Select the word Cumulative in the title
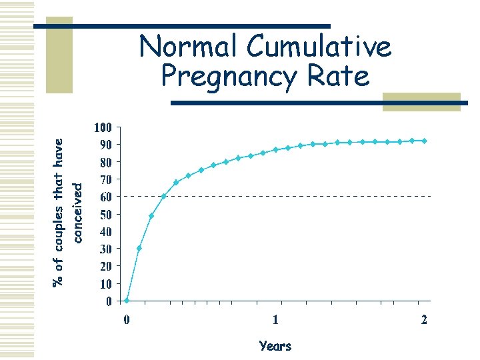[x=319, y=47]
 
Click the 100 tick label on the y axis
[x=103, y=127]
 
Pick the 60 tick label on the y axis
[x=105, y=197]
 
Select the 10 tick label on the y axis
[x=105, y=283]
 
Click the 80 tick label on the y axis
[x=105, y=162]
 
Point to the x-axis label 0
[x=127, y=319]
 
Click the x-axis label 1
[x=275, y=319]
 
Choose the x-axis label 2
[x=424, y=319]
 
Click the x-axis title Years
[x=275, y=346]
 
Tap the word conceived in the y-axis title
[x=77, y=213]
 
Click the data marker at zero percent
[x=127, y=301]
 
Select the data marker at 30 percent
[x=139, y=248]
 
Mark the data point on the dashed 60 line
[x=164, y=196]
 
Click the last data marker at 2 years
[x=424, y=141]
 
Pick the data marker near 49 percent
[x=151, y=215]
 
